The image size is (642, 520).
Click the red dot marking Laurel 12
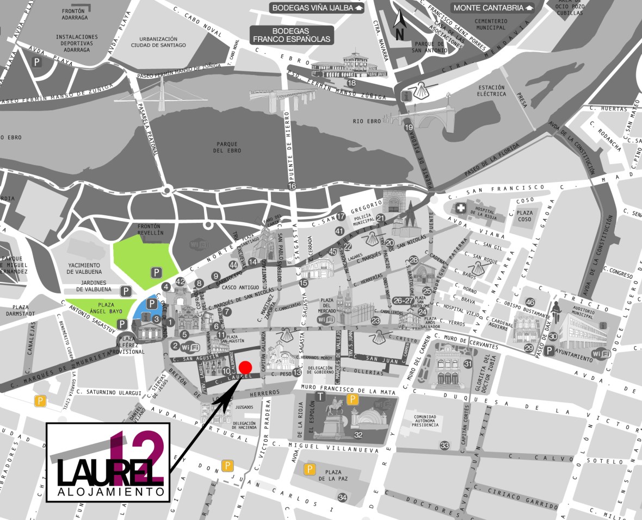tap(245, 367)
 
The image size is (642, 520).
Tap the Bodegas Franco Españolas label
tap(291, 35)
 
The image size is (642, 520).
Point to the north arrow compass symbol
tap(400, 25)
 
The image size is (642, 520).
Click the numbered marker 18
tap(351, 83)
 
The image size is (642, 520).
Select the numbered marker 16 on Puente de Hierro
tap(292, 186)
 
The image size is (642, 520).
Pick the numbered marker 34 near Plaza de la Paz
tap(342, 497)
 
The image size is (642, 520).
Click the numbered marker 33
tap(445, 446)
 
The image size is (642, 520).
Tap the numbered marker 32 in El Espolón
tap(358, 435)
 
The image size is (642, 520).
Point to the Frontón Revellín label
tap(151, 228)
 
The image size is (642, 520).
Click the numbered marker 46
tap(530, 302)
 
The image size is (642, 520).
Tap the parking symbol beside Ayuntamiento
tap(550, 351)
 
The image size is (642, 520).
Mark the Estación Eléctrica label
tap(492, 90)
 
